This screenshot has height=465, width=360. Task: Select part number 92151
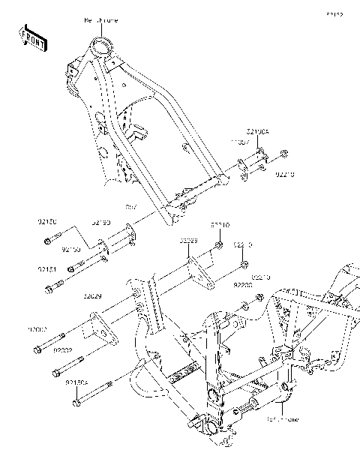[47, 268]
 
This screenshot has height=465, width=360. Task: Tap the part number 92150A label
[77, 382]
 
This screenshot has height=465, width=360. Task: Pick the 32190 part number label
[101, 223]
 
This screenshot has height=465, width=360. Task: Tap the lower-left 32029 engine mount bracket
[95, 331]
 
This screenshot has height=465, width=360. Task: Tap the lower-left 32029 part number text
[92, 297]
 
